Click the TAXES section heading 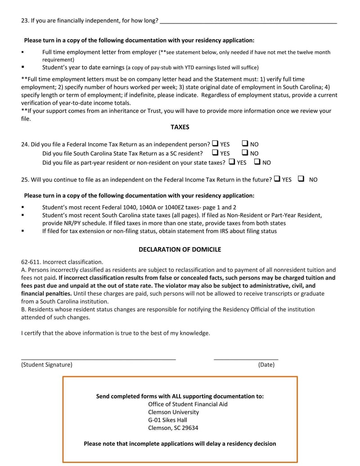click(180, 127)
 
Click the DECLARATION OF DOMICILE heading click(180, 249)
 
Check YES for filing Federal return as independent click(215, 144)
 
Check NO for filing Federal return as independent click(245, 144)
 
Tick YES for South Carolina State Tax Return click(215, 153)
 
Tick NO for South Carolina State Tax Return click(245, 153)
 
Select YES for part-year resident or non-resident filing click(232, 162)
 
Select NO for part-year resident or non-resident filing click(257, 162)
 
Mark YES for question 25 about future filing click(277, 179)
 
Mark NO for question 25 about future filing click(301, 179)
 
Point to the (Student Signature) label click(46, 365)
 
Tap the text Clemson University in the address click(173, 412)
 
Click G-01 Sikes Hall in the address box click(167, 420)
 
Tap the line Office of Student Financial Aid click(188, 404)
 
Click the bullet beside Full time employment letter click(22, 52)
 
